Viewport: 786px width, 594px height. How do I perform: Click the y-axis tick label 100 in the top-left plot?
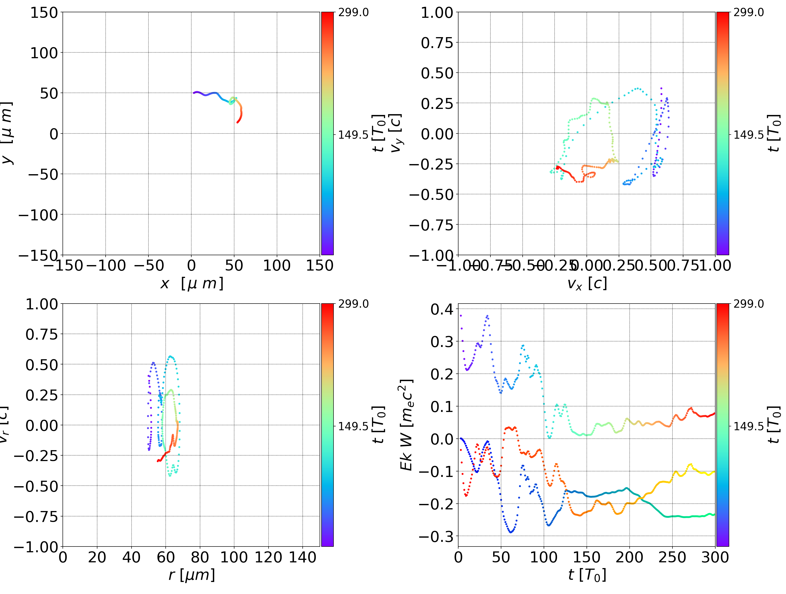44,53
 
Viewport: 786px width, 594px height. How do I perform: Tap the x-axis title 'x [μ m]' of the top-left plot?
192,283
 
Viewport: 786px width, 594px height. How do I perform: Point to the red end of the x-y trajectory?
238,122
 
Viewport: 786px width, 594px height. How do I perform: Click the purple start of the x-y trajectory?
194,93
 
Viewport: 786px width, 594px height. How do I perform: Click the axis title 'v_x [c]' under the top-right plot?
587,283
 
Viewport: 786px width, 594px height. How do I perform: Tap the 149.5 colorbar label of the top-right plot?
748,135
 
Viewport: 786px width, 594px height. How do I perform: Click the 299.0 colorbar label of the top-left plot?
353,13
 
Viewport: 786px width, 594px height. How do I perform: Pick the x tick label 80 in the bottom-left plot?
200,557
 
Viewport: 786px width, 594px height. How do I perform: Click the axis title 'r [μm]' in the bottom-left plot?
192,575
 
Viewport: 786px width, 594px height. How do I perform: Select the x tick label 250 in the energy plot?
672,557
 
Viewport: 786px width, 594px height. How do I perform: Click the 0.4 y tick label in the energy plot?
442,309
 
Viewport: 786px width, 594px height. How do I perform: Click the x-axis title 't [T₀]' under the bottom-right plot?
587,575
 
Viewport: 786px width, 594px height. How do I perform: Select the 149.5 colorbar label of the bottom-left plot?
353,426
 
